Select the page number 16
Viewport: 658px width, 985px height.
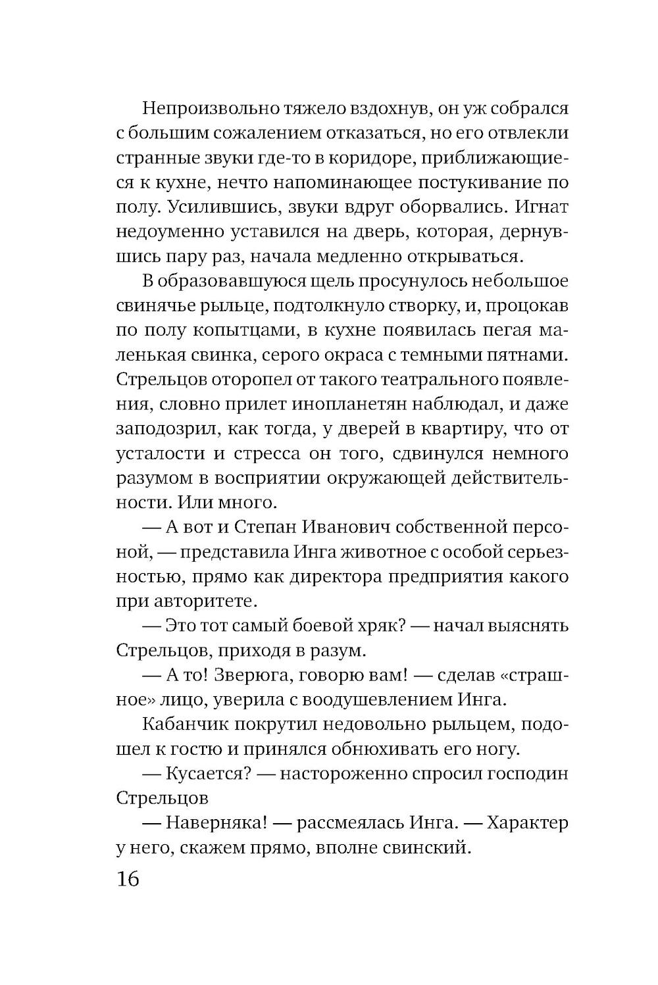click(x=128, y=879)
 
